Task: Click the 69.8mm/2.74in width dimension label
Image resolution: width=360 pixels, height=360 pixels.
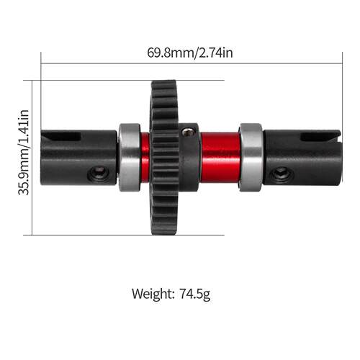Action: click(x=190, y=53)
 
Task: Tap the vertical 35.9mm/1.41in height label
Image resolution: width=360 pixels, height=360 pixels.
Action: click(x=24, y=153)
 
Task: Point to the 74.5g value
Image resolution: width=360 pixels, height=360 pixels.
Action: click(x=194, y=294)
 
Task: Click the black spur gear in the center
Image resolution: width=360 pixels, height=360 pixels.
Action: click(x=165, y=158)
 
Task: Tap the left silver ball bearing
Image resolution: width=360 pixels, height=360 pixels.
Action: click(x=130, y=158)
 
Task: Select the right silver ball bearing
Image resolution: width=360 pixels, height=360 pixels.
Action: click(x=251, y=158)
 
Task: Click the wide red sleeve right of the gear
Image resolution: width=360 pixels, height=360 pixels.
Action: click(x=220, y=158)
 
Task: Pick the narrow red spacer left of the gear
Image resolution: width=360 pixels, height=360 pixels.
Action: click(x=145, y=158)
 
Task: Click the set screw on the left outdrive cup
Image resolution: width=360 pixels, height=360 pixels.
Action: click(x=99, y=174)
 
